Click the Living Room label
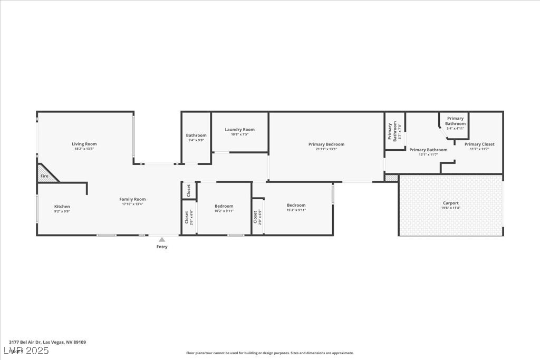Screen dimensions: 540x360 tap(84, 144)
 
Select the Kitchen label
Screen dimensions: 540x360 tap(62, 207)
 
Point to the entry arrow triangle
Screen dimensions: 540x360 tap(162, 240)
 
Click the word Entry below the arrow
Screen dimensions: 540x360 tap(162, 247)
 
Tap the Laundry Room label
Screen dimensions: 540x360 tap(239, 130)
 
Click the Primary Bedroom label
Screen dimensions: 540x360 tap(326, 144)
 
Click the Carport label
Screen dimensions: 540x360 tap(450, 203)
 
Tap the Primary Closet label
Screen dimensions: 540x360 tap(479, 144)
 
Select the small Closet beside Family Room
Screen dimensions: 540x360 tap(189, 190)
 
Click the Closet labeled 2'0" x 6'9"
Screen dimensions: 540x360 tap(256, 217)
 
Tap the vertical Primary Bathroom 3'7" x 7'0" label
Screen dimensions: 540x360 tap(394, 132)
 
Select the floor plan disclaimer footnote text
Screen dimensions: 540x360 tap(269, 353)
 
